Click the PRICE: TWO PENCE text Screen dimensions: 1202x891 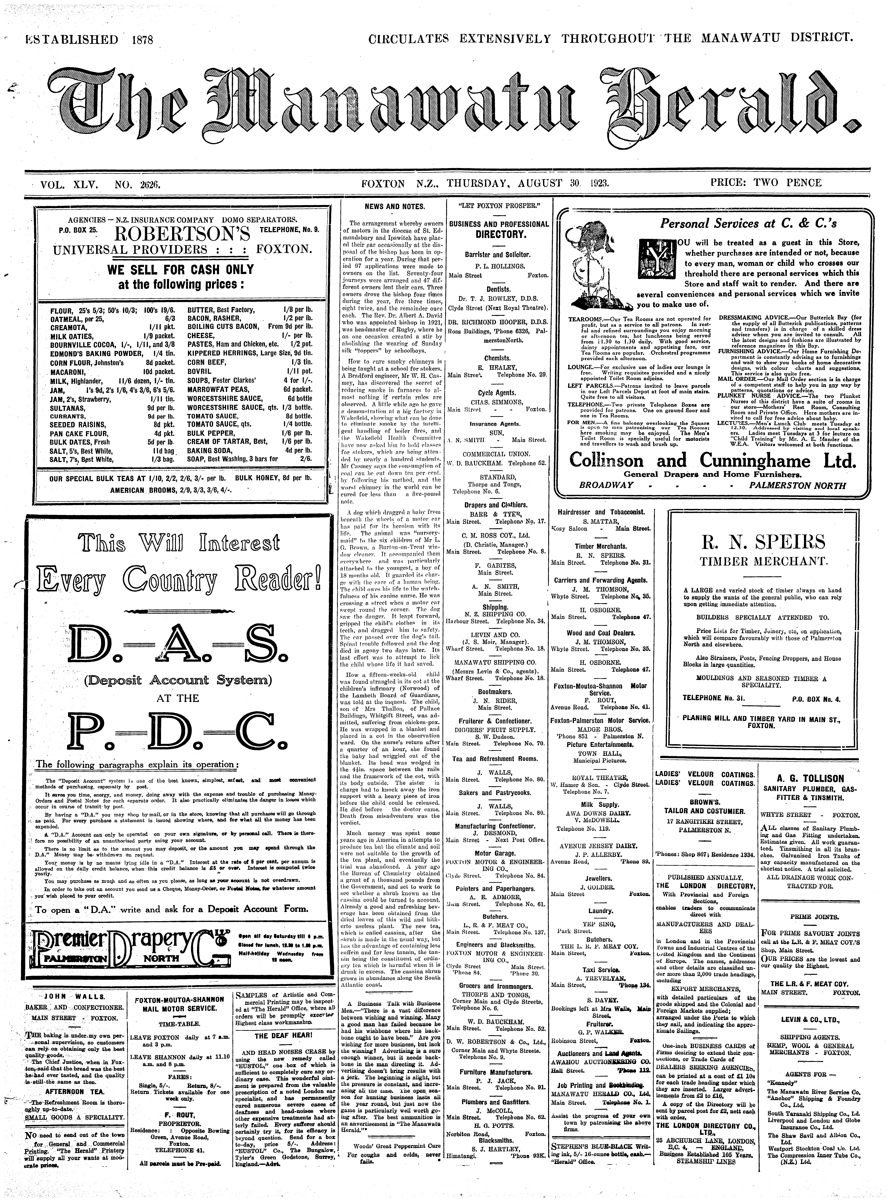click(765, 183)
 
